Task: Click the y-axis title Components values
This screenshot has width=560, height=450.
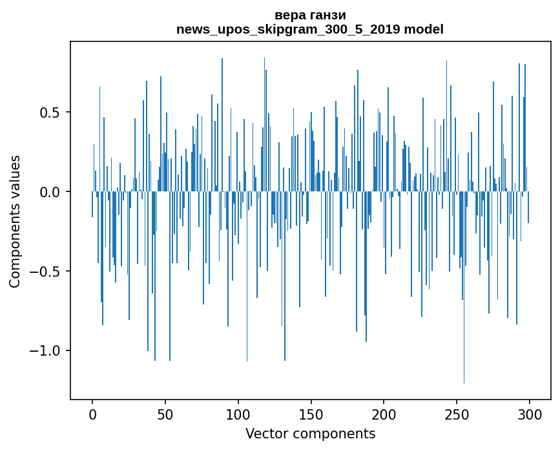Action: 15,221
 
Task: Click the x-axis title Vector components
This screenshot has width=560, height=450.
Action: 310,434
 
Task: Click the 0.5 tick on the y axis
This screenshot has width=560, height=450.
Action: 50,112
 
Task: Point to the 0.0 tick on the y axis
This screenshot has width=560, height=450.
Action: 50,192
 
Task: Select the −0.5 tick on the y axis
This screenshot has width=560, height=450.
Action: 45,272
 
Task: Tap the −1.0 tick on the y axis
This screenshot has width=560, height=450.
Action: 45,351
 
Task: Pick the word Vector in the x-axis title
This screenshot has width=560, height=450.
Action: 265,434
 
